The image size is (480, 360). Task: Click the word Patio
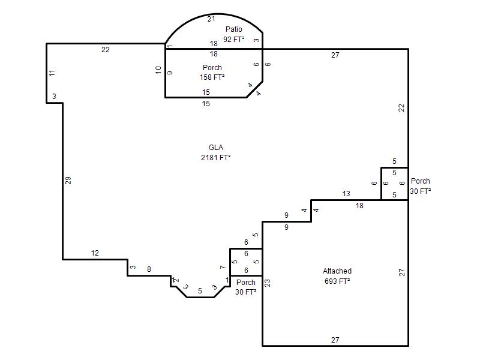pyautogui.click(x=233, y=29)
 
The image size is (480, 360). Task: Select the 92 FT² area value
pyautogui.click(x=233, y=39)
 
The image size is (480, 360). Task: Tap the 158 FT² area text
pyautogui.click(x=212, y=77)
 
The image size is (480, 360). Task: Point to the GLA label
pyautogui.click(x=216, y=147)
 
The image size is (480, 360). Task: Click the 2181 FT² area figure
pyautogui.click(x=215, y=157)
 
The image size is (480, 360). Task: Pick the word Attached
pyautogui.click(x=337, y=271)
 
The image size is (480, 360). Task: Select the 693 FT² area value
pyautogui.click(x=337, y=281)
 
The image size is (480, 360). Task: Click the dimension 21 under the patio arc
pyautogui.click(x=211, y=19)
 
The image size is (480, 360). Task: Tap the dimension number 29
pyautogui.click(x=68, y=181)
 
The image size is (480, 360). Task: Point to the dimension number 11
pyautogui.click(x=52, y=73)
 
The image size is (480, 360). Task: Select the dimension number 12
pyautogui.click(x=95, y=253)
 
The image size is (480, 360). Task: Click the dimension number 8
pyautogui.click(x=149, y=269)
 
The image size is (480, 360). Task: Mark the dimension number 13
pyautogui.click(x=346, y=194)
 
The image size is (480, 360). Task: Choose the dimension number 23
pyautogui.click(x=267, y=283)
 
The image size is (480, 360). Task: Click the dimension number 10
pyautogui.click(x=158, y=70)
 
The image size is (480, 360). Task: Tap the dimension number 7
pyautogui.click(x=223, y=267)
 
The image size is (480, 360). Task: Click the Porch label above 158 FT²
pyautogui.click(x=212, y=67)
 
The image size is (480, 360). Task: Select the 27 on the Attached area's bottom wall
pyautogui.click(x=335, y=340)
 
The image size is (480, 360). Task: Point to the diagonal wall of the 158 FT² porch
pyautogui.click(x=254, y=89)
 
